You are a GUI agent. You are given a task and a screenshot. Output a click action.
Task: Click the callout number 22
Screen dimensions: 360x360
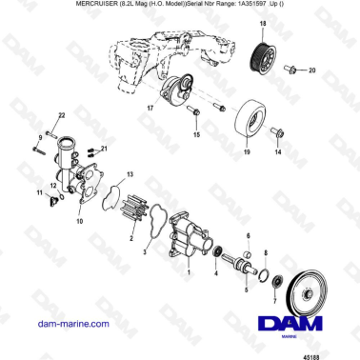point(61,115)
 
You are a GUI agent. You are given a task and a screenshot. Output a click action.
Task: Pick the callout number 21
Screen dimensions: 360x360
point(105,150)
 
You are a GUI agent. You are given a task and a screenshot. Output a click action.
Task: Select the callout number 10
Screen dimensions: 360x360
point(79,221)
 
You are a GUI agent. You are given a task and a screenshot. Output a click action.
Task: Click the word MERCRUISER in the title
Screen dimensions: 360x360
point(92,6)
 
